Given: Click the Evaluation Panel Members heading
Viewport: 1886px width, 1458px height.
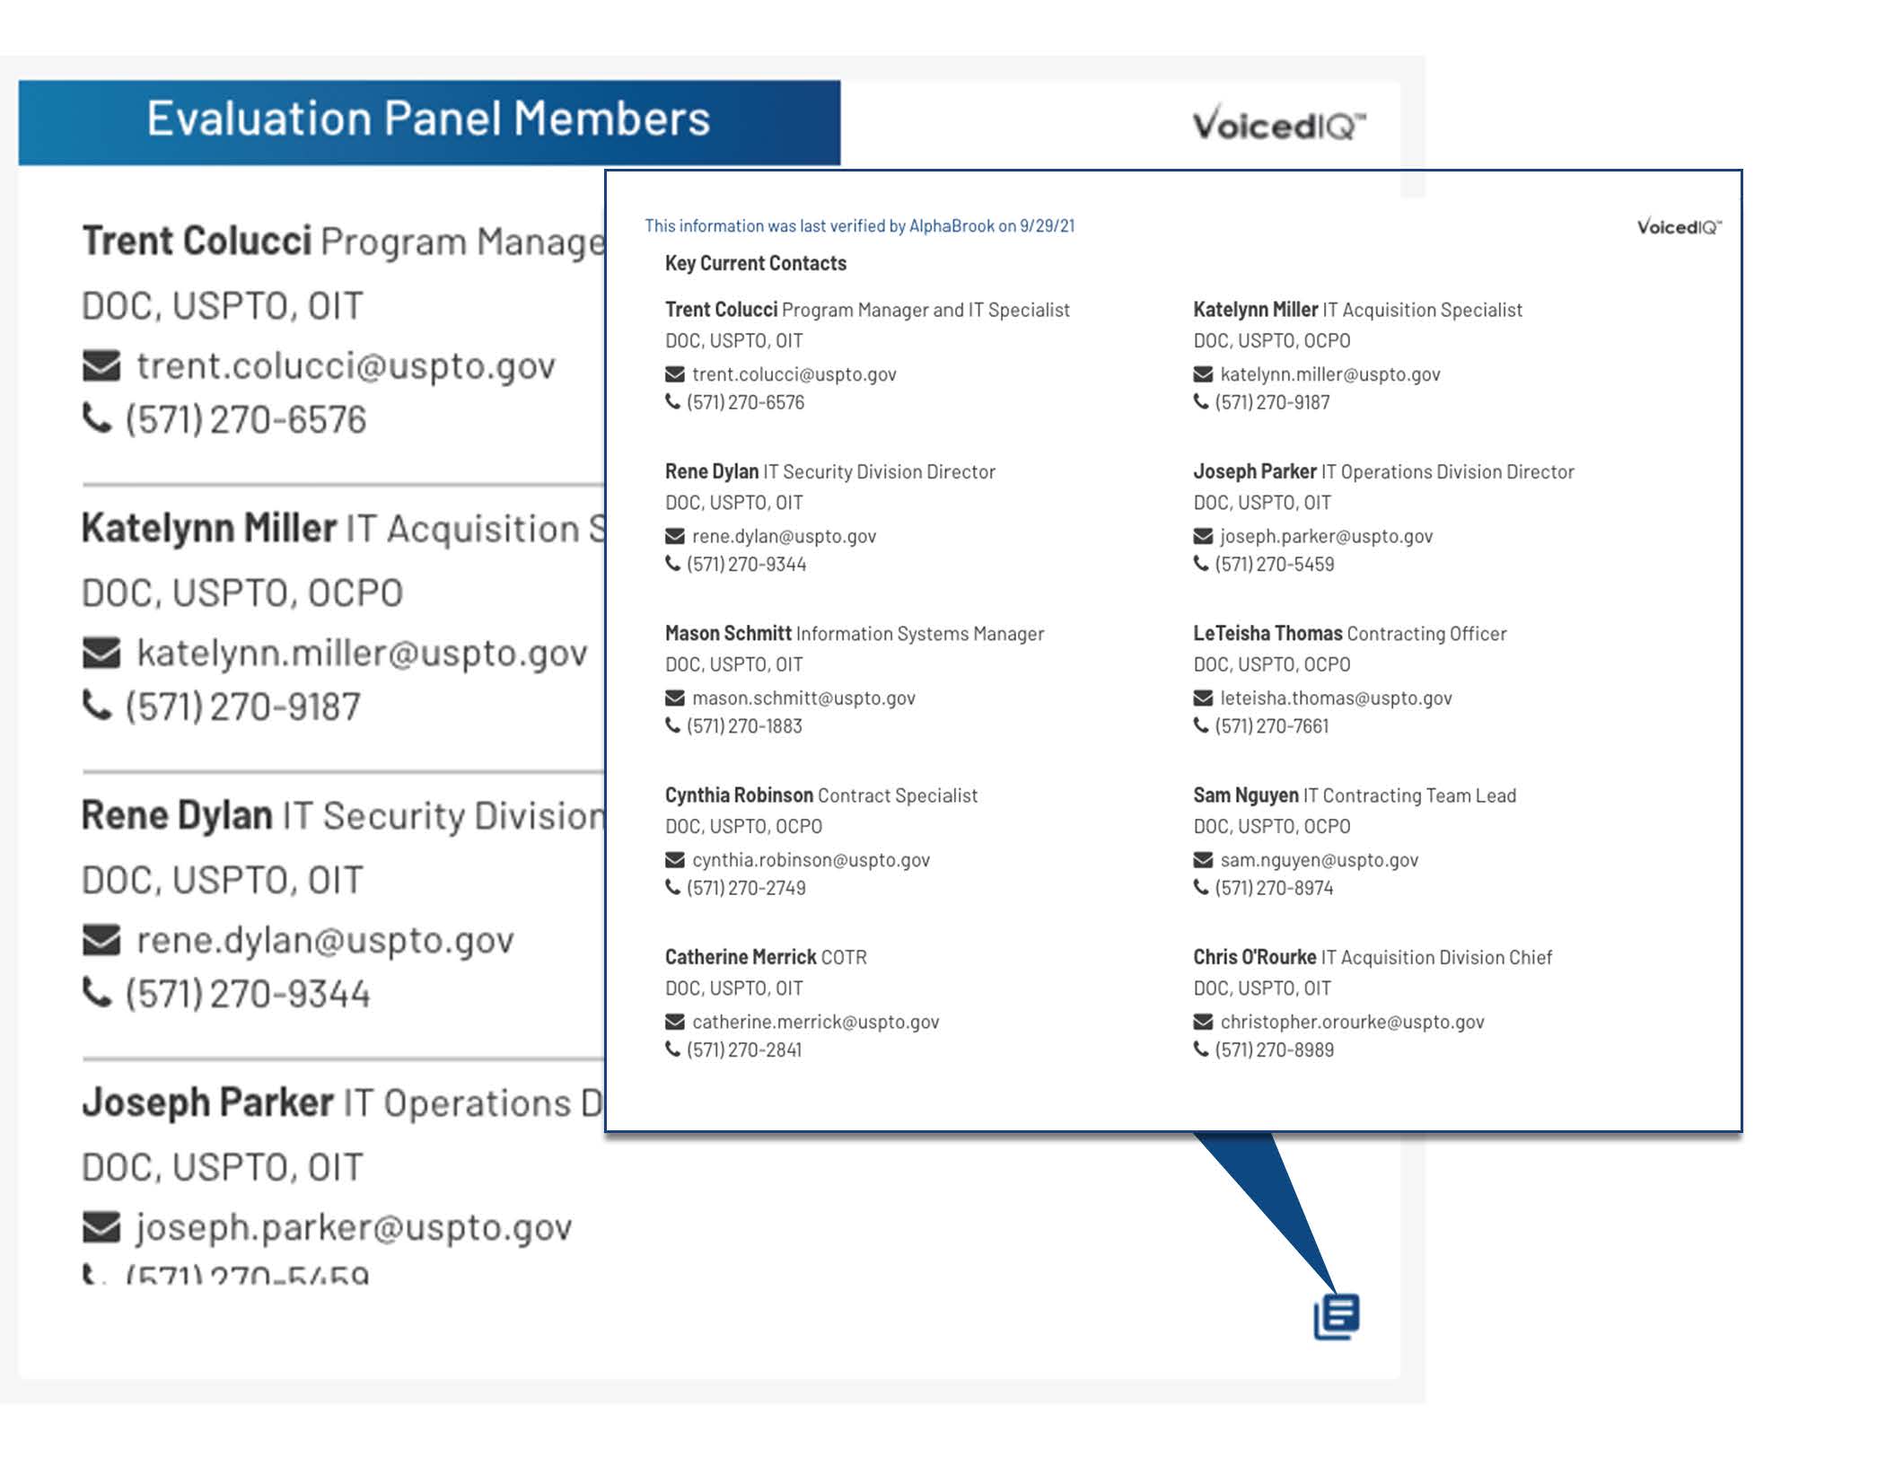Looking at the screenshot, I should coord(428,119).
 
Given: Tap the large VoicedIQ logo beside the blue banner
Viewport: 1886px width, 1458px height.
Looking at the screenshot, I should coord(1278,124).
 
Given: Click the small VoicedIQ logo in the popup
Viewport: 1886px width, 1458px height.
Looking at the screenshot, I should coord(1678,226).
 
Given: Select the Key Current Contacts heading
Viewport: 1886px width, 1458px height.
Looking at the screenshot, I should coord(755,263).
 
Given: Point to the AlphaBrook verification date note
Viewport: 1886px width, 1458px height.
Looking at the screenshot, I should coord(859,226).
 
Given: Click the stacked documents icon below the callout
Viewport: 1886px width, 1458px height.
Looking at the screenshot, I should coord(1337,1316).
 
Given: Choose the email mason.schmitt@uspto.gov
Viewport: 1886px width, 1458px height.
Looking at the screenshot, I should coord(803,698).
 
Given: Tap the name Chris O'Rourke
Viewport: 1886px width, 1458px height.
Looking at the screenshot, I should coord(1254,957).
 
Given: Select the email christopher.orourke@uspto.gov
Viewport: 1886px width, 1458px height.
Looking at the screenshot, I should coord(1351,1022).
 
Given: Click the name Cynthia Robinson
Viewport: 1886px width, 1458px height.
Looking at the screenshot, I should coord(738,795).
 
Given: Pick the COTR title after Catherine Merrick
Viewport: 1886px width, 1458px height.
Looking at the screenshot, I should coord(844,957).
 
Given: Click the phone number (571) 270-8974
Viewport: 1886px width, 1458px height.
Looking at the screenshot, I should coord(1273,888).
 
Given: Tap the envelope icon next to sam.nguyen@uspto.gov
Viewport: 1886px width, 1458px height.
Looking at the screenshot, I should coord(1203,860).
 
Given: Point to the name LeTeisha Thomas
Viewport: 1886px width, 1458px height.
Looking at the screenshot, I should coord(1267,634).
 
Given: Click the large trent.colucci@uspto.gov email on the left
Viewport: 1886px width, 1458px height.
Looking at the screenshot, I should coord(346,366).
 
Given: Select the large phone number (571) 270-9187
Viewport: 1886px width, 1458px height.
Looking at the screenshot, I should coord(242,707).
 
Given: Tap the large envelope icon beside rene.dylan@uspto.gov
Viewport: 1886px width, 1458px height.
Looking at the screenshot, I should coord(101,940).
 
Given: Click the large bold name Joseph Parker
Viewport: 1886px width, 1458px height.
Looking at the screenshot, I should coord(207,1102).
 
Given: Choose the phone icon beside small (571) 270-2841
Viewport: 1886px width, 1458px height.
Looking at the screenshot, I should coord(672,1049).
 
